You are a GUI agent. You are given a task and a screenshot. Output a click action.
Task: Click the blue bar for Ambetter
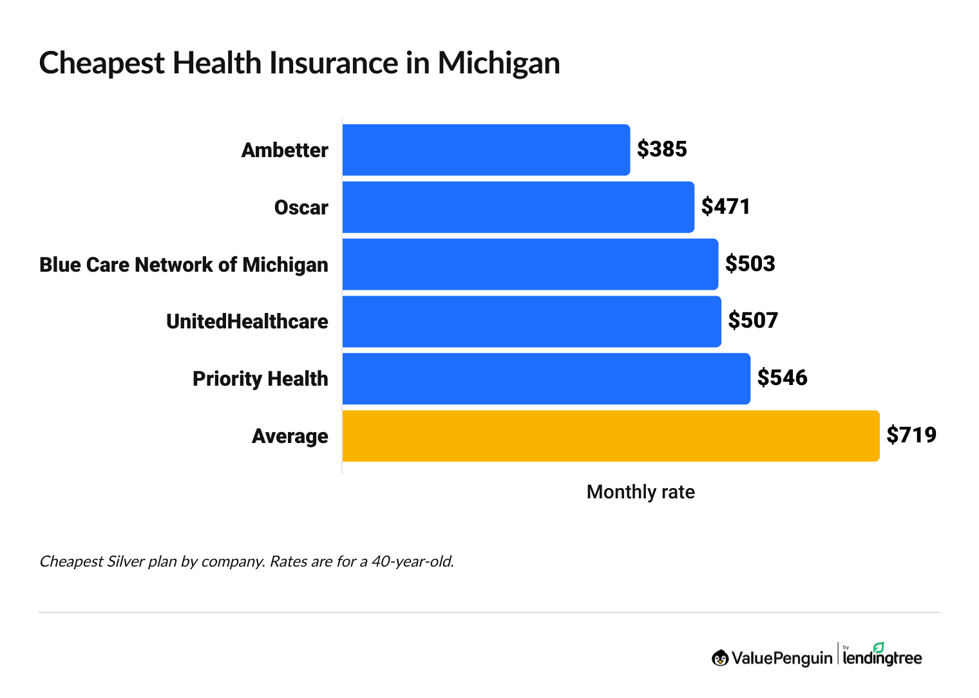coord(486,150)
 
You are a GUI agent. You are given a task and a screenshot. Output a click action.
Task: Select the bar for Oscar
coord(518,207)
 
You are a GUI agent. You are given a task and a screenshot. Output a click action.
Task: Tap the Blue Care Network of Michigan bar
coord(529,265)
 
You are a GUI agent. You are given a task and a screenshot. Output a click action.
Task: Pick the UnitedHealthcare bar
coord(531,321)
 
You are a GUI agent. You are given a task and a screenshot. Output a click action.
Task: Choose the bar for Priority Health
coord(546,379)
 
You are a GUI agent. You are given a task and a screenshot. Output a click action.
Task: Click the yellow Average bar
coord(610,436)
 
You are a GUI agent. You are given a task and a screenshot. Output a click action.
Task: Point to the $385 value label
coord(661,149)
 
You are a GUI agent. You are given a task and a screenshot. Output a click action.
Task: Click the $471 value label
coord(725,207)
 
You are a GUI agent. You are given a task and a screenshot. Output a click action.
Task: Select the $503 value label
coord(750,264)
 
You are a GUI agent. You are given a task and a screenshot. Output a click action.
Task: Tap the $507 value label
coord(753,321)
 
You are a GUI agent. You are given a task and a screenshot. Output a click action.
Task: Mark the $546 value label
coord(782,378)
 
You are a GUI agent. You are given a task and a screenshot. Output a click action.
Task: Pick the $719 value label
coord(911,435)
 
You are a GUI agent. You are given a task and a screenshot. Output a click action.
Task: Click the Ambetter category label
coord(285,151)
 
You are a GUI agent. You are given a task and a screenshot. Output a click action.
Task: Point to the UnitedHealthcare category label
coord(247,322)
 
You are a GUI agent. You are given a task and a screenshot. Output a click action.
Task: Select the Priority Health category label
coord(260,379)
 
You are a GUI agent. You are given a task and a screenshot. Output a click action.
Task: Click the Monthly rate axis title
coord(640,493)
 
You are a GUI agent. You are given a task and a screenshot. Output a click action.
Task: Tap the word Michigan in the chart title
coord(499,64)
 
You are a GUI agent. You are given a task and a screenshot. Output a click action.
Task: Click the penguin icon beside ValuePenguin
coord(719,658)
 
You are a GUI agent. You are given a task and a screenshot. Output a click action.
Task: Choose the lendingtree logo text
coord(882,657)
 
